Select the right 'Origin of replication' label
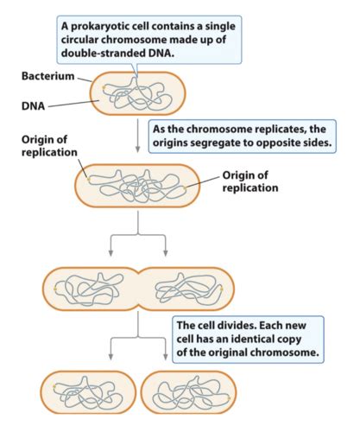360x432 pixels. tap(250, 181)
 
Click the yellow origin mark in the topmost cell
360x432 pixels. tap(105, 86)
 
